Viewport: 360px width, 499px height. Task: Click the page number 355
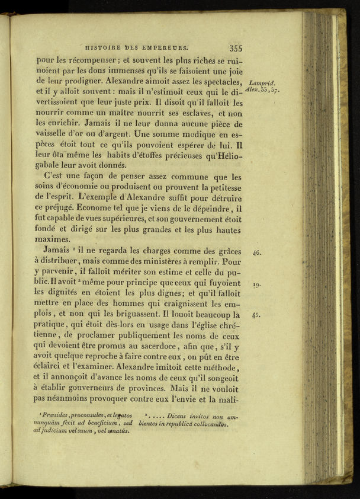click(236, 49)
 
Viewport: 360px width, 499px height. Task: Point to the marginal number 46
click(257, 252)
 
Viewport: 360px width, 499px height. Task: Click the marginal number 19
click(257, 285)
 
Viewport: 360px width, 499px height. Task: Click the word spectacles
click(220, 82)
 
